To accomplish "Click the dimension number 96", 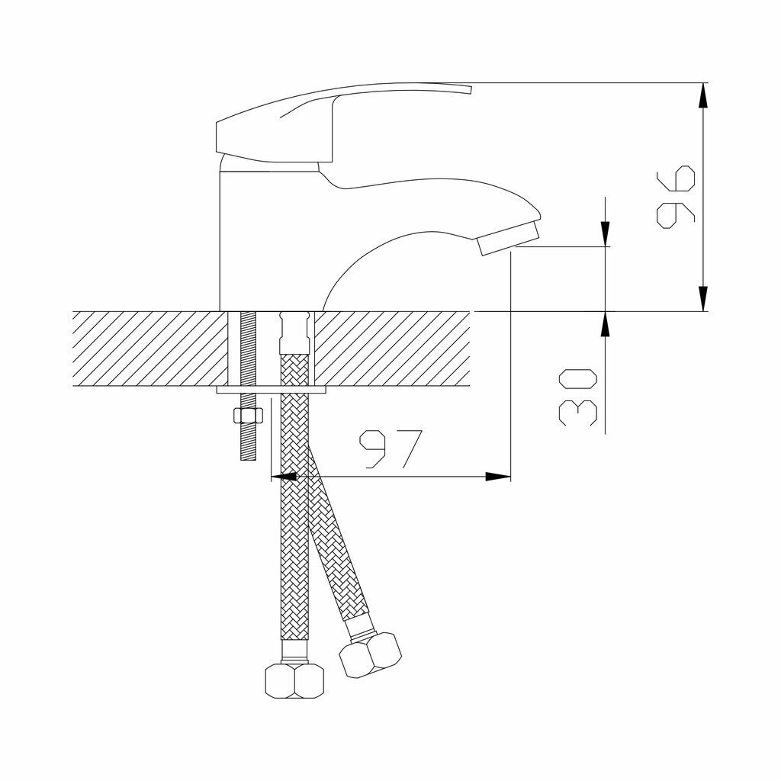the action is tap(676, 198).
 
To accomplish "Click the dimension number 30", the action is tap(578, 397).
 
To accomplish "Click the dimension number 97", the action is tap(390, 449).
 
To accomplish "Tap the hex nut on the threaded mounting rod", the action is tap(248, 415).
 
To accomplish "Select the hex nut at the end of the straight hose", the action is tap(295, 680).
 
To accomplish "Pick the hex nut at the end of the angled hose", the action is tap(370, 654).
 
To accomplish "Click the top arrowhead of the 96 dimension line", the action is tap(702, 95).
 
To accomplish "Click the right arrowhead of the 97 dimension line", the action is tap(498, 477).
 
